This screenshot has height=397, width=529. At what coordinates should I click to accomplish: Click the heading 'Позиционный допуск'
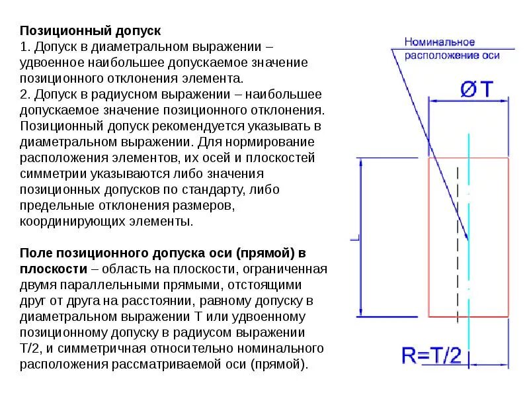click(90, 31)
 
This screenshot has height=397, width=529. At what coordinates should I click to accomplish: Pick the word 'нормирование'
click(264, 142)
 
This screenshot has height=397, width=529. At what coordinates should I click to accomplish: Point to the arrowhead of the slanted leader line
click(466, 237)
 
